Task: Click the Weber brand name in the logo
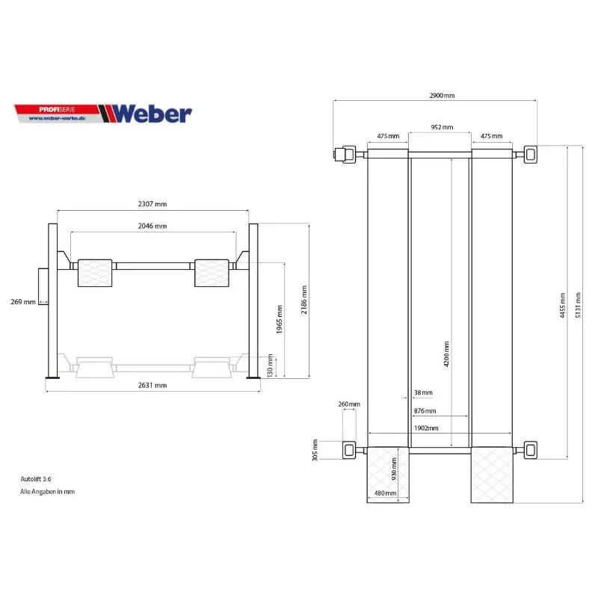[152, 114]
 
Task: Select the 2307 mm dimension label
[152, 204]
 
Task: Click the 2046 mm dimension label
[152, 226]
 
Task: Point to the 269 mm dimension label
[23, 302]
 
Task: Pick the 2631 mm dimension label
[152, 386]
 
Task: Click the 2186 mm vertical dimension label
[304, 300]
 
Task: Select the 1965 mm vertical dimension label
[280, 319]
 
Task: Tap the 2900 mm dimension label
[442, 96]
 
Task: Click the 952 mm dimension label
[442, 127]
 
